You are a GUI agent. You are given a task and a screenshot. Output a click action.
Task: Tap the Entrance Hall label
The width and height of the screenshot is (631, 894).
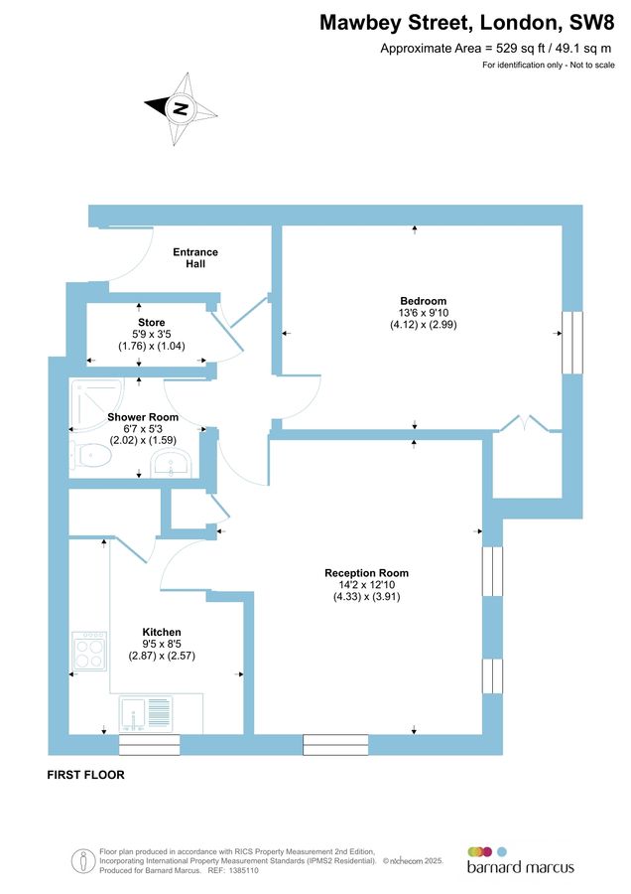[195, 258]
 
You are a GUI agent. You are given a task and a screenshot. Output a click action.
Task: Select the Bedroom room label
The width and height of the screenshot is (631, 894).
[423, 301]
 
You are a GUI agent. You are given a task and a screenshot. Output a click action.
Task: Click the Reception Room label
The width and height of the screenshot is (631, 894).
[366, 573]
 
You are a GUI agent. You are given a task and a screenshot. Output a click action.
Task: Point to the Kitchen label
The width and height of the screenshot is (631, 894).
[161, 632]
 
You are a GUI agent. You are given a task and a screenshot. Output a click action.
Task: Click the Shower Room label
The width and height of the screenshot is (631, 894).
[150, 416]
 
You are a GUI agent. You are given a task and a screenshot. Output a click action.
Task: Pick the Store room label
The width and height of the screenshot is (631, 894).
[151, 322]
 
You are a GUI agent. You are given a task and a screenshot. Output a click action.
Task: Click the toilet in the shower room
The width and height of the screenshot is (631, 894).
[90, 455]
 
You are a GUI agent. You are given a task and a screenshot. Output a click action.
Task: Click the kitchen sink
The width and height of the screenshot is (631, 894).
[146, 713]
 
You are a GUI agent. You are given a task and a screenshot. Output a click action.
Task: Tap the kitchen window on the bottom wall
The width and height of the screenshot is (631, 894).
[150, 745]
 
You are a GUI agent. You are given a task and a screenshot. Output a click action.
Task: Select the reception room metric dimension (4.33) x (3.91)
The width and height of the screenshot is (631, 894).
[366, 597]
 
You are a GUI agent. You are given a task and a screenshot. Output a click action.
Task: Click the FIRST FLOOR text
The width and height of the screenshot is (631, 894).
[86, 775]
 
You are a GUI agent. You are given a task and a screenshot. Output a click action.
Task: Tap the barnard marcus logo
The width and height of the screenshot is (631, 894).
[520, 860]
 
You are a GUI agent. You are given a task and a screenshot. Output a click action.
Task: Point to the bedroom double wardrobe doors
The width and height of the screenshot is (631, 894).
[527, 423]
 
